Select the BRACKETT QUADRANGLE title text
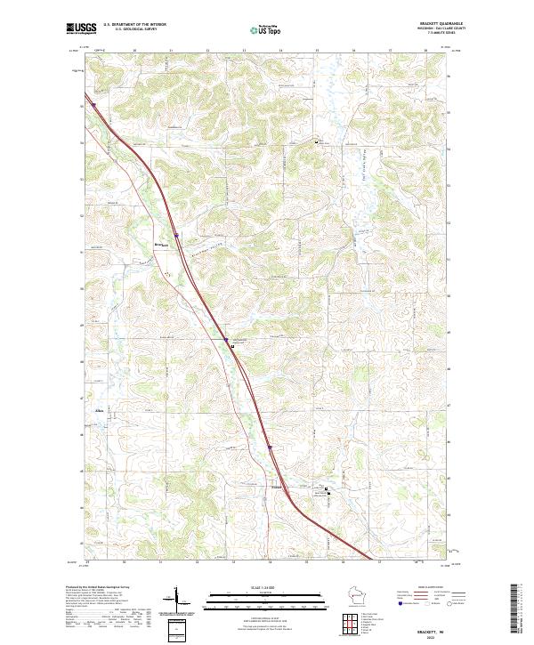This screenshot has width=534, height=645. pos(436,22)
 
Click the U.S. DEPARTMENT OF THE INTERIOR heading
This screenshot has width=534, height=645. pos(134,24)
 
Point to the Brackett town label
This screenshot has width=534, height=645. pos(161,244)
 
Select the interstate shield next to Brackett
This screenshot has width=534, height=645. pos(176,236)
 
